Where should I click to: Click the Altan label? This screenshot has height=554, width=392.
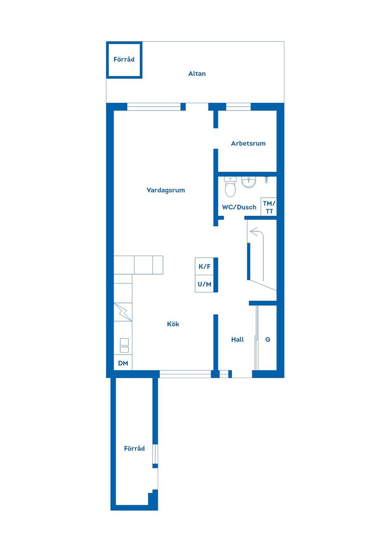[197, 73]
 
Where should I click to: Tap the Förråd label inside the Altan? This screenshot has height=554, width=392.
[124, 60]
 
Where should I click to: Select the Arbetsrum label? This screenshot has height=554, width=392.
[248, 143]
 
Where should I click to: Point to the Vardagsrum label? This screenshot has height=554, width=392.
[165, 190]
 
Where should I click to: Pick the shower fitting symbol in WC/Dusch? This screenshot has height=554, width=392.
[266, 180]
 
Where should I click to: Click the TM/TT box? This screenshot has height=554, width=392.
[269, 207]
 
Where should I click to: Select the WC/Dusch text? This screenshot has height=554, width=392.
[239, 207]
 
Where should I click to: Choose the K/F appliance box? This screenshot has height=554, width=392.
[205, 266]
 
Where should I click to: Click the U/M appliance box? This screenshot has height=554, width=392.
[205, 284]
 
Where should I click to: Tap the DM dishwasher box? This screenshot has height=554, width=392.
[123, 363]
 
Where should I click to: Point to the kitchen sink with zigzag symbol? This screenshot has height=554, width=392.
[123, 312]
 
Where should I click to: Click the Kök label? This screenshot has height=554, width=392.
[173, 324]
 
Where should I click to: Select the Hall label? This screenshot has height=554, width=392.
[237, 339]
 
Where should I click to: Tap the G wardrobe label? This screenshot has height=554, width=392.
[267, 339]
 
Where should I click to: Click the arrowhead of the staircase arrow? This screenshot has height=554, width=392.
[253, 232]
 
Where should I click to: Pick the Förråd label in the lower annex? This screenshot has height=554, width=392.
[134, 448]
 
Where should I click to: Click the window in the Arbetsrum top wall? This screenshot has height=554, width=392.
[238, 107]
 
